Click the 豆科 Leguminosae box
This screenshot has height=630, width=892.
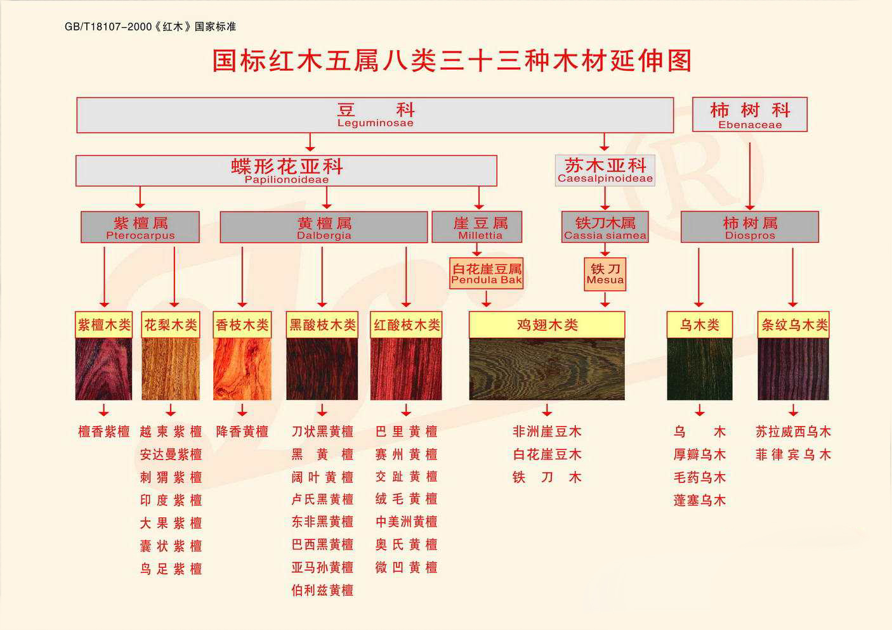[x=375, y=115]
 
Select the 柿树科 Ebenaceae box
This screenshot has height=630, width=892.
[x=750, y=114]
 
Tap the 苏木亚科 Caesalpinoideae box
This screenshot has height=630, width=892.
[x=605, y=170]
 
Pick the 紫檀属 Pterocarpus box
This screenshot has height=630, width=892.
[x=140, y=227]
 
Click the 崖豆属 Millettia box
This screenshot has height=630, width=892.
[x=477, y=227]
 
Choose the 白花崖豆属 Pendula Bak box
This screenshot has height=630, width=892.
[x=486, y=273]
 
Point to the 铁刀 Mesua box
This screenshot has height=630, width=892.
[x=605, y=274]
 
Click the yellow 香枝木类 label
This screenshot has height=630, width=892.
[x=242, y=325]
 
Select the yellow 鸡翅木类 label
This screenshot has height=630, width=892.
[x=547, y=325]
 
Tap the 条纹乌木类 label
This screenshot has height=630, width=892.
[x=793, y=325]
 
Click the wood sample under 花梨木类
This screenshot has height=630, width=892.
[x=171, y=369]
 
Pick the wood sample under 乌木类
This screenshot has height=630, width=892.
[x=700, y=369]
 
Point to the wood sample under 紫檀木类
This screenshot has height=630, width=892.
[x=103, y=369]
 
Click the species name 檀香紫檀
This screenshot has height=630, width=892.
[x=104, y=432]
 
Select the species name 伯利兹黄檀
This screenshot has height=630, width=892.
[x=322, y=590]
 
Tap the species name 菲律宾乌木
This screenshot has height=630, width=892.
[x=793, y=454]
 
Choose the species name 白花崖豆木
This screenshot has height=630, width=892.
[x=547, y=454]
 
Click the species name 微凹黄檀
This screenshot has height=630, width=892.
[x=406, y=567]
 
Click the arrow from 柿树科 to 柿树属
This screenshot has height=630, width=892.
[x=750, y=176]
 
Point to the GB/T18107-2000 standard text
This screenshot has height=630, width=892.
[x=150, y=27]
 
